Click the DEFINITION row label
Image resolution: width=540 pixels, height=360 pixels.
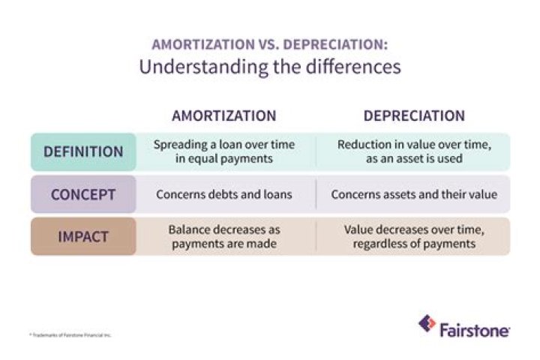coord(83,151)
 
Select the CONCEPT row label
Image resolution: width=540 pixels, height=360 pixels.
coord(83,194)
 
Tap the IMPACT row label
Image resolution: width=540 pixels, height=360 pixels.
coord(83,237)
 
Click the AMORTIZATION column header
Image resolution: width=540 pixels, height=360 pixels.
coord(224,116)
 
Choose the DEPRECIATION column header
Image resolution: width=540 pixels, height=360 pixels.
coord(414,116)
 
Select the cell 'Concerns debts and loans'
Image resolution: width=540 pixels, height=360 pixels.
coord(224,194)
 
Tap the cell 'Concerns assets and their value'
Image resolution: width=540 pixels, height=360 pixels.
coord(414,194)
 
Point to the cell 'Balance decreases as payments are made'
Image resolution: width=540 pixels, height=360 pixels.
coord(224,237)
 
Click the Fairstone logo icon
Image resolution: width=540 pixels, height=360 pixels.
coord(427,325)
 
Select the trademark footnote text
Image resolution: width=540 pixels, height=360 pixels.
coord(71,334)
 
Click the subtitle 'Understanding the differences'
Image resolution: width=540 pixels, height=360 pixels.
coord(269,67)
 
